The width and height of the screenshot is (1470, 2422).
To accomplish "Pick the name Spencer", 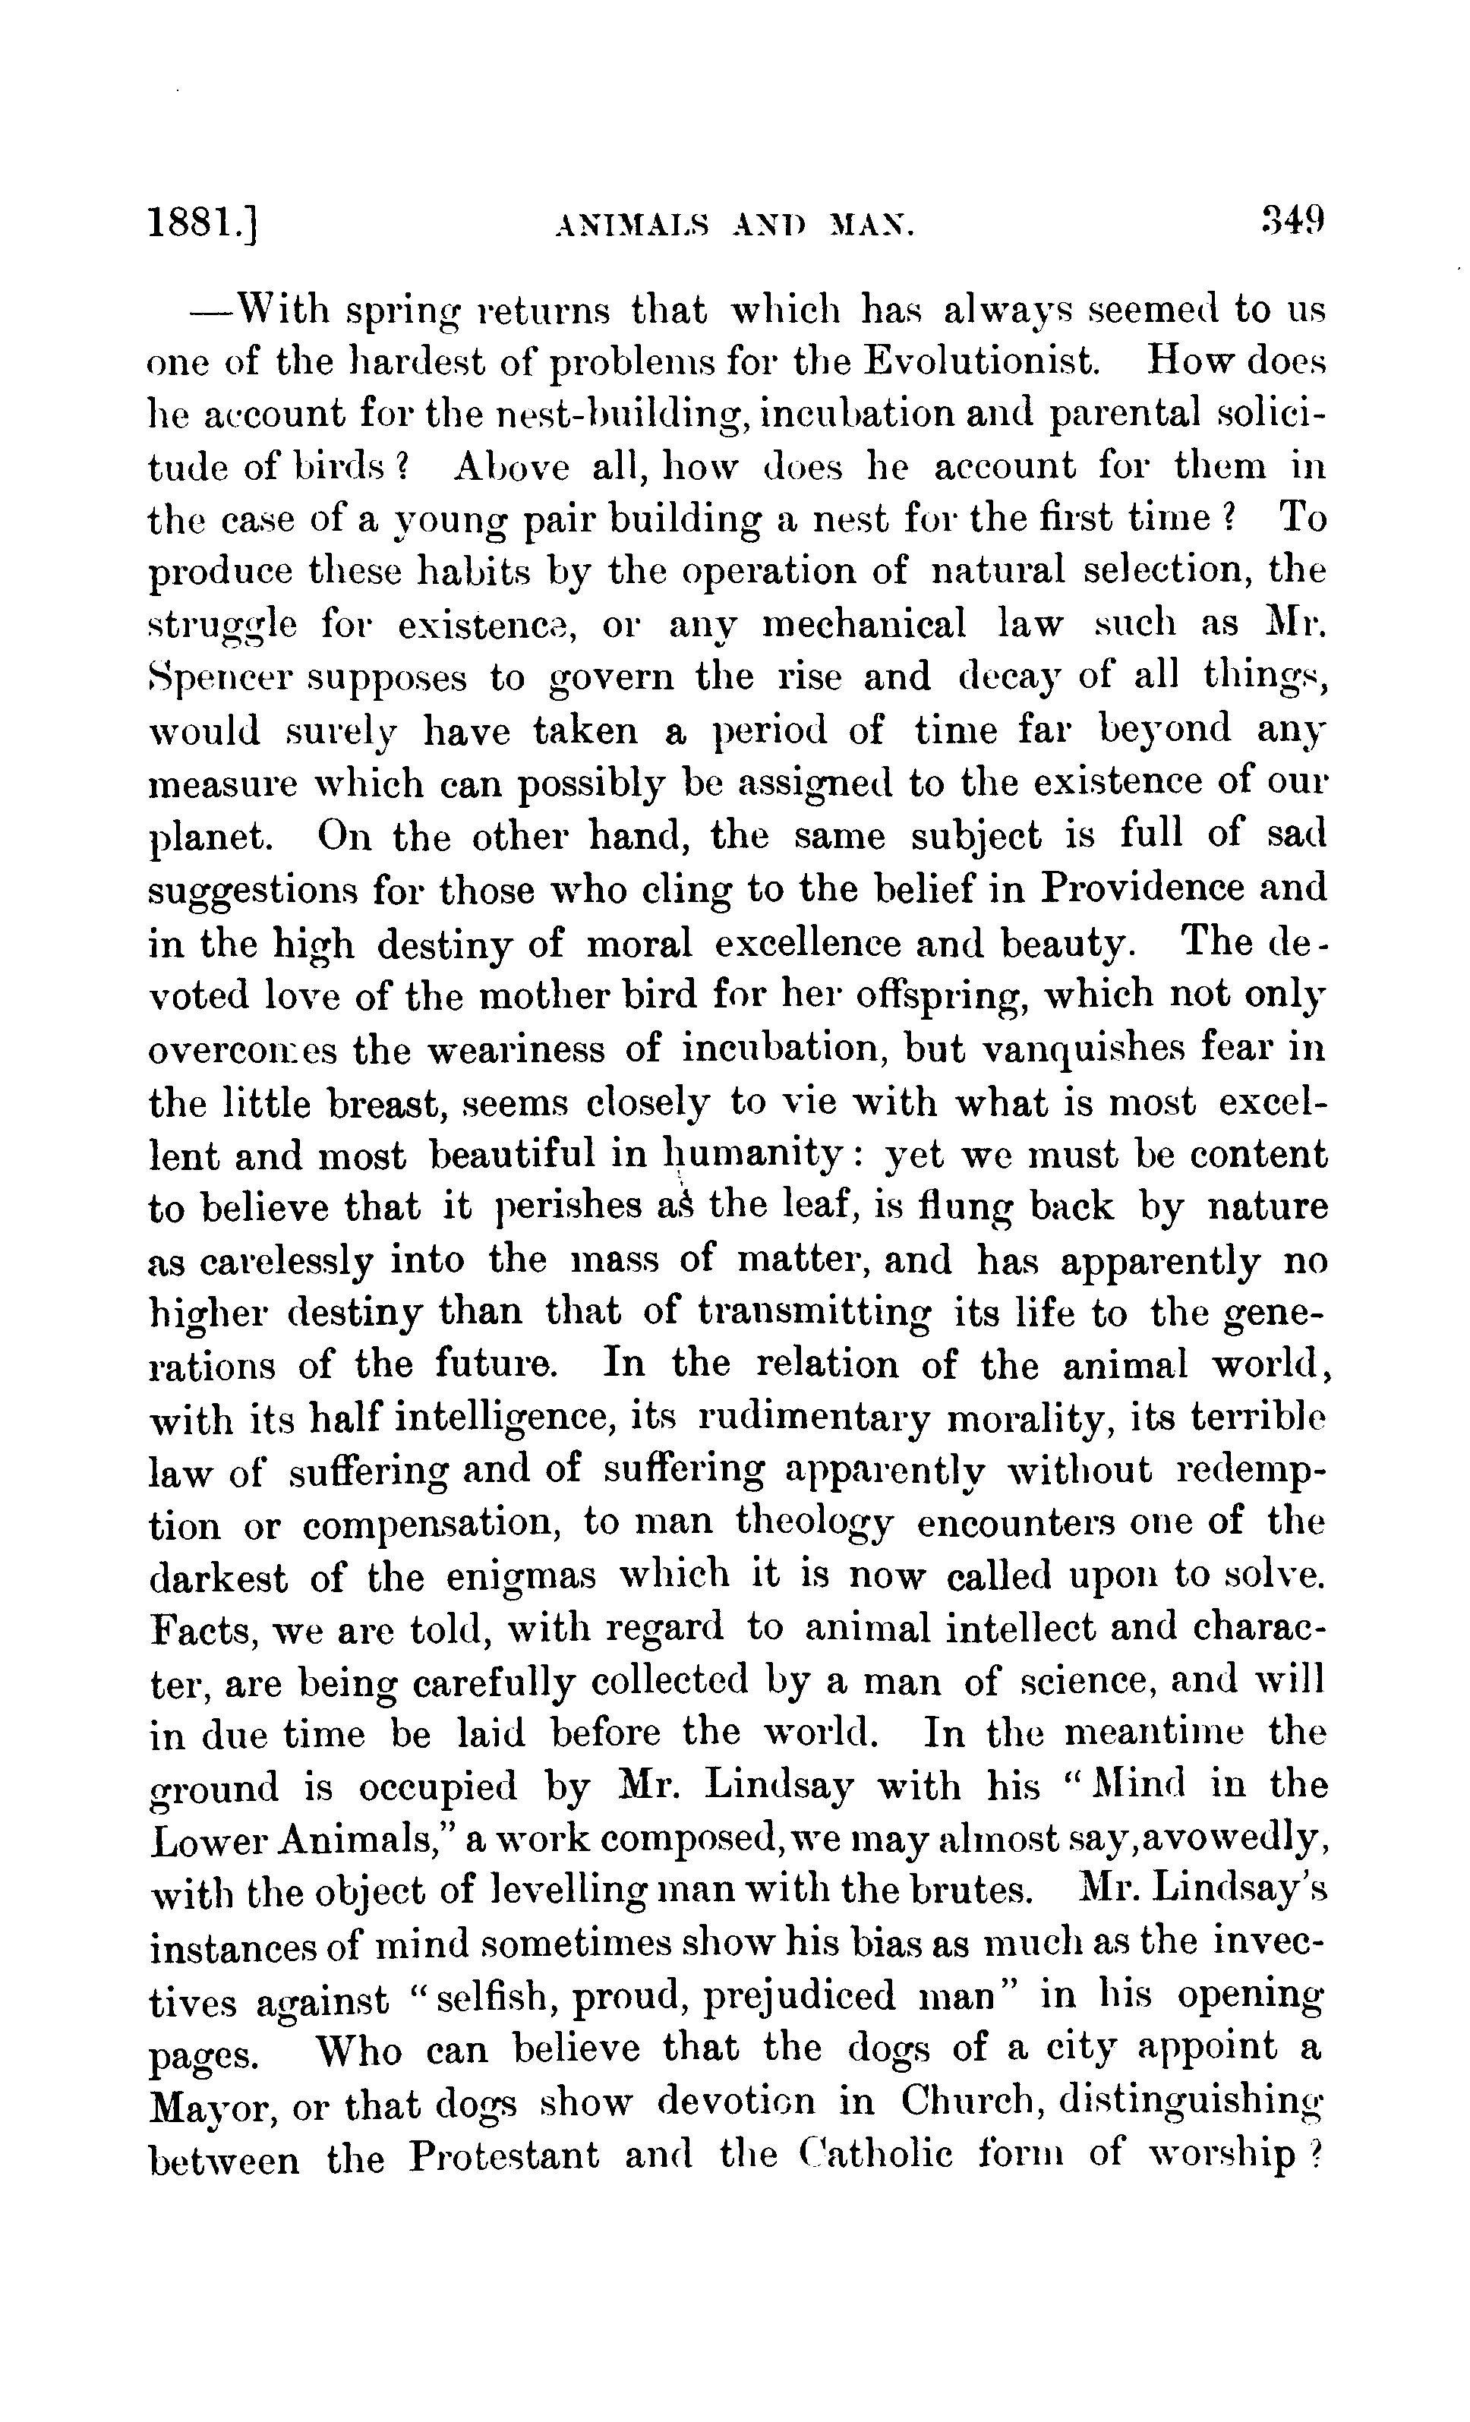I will [x=226, y=678].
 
